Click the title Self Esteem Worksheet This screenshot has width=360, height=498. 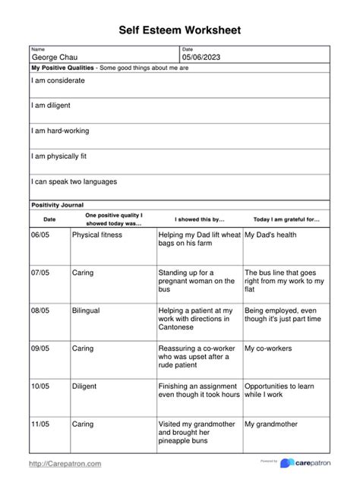[180, 30]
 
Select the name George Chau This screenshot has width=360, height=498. [54, 58]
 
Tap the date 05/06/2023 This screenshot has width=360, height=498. [201, 58]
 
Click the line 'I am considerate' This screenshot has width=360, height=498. [58, 80]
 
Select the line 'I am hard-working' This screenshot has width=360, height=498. [60, 131]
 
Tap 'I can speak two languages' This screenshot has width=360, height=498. [74, 181]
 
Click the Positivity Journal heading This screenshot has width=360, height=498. [57, 205]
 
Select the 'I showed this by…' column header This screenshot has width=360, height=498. [199, 219]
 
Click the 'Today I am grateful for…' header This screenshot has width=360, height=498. [286, 219]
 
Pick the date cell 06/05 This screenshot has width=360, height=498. [39, 235]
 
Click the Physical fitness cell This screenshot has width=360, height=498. [96, 235]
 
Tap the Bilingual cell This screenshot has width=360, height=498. [86, 310]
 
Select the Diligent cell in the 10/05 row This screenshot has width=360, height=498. [84, 386]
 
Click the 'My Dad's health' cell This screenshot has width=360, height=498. [270, 235]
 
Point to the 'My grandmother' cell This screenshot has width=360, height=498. [270, 424]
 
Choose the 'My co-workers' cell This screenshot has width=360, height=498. [268, 348]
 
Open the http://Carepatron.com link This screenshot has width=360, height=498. [65, 463]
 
